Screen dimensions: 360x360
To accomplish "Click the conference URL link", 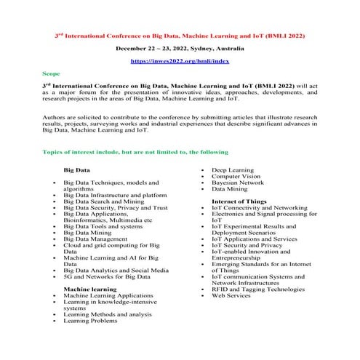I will (180, 63).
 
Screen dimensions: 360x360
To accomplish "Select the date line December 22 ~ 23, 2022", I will (180, 49).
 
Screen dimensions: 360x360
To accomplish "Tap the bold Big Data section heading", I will (77, 169).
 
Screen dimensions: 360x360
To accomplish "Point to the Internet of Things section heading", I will (239, 200).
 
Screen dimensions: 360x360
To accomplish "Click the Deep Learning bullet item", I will (233, 169).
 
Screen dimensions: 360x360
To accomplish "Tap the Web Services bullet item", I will (231, 296).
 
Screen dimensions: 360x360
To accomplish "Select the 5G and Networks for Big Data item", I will (107, 277).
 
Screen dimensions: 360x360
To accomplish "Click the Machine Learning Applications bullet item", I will (108, 296).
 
